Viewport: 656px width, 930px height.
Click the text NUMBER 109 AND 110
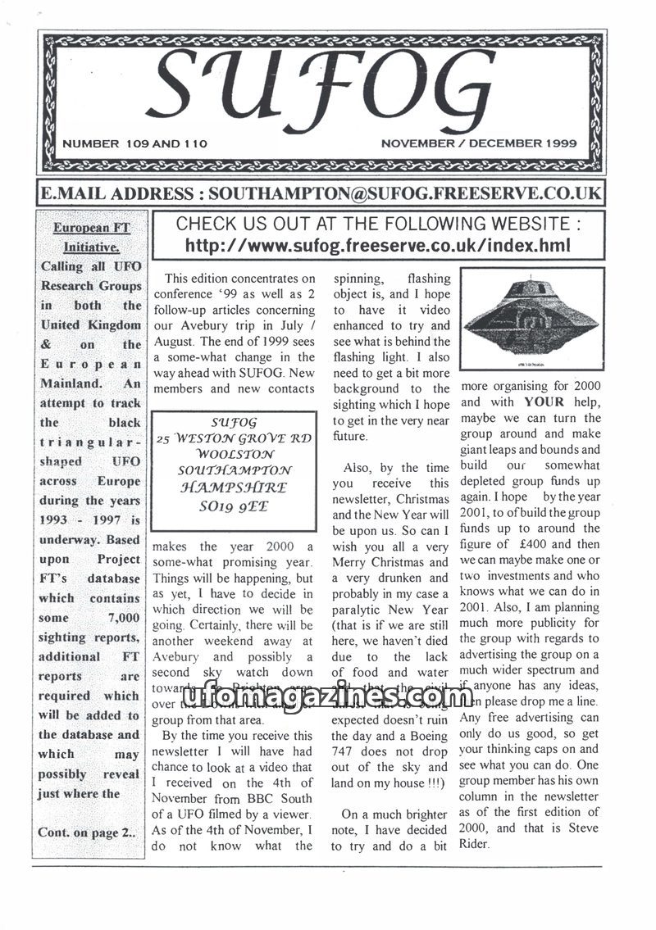coord(134,143)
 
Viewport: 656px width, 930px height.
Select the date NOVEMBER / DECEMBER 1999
coord(479,143)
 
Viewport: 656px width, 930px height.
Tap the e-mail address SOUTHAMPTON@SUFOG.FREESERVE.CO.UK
coord(405,193)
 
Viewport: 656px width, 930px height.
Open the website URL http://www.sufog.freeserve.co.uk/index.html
coord(377,245)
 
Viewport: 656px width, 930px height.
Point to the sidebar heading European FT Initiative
coord(91,237)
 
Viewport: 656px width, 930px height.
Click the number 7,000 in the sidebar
coord(123,617)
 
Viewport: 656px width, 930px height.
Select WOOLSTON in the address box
coord(234,453)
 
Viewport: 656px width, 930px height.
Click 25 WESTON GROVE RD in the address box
coord(234,438)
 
